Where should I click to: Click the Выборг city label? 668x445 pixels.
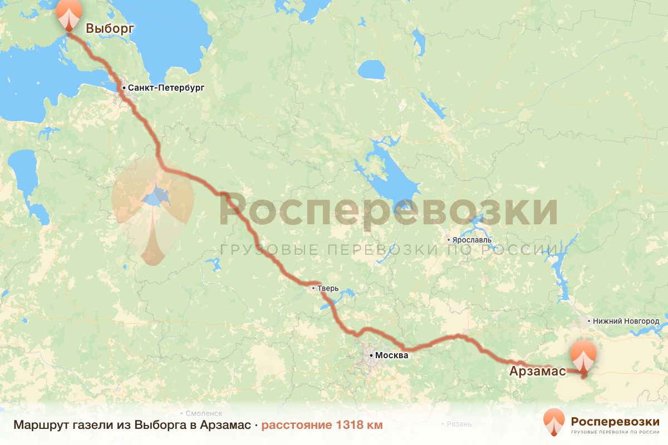pyautogui.click(x=110, y=28)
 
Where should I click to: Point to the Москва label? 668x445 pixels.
pyautogui.click(x=392, y=355)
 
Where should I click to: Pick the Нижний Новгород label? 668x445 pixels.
pyautogui.click(x=626, y=322)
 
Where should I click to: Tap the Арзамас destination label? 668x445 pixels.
pyautogui.click(x=538, y=371)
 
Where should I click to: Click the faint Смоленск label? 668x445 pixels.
pyautogui.click(x=204, y=414)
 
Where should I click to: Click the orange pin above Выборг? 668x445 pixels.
pyautogui.click(x=70, y=14)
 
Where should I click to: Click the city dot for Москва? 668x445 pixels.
pyautogui.click(x=371, y=355)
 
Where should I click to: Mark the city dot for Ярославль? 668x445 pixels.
pyautogui.click(x=449, y=240)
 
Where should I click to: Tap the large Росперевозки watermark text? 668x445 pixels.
pyautogui.click(x=388, y=210)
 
